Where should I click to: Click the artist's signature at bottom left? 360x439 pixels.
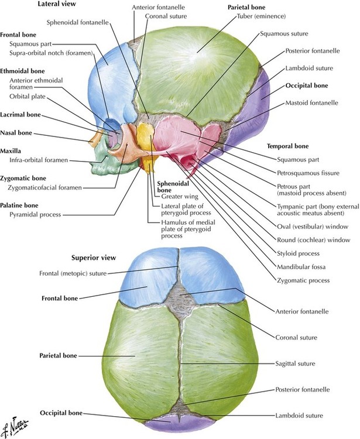pos(13,427)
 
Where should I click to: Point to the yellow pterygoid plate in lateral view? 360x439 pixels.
pos(149,166)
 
